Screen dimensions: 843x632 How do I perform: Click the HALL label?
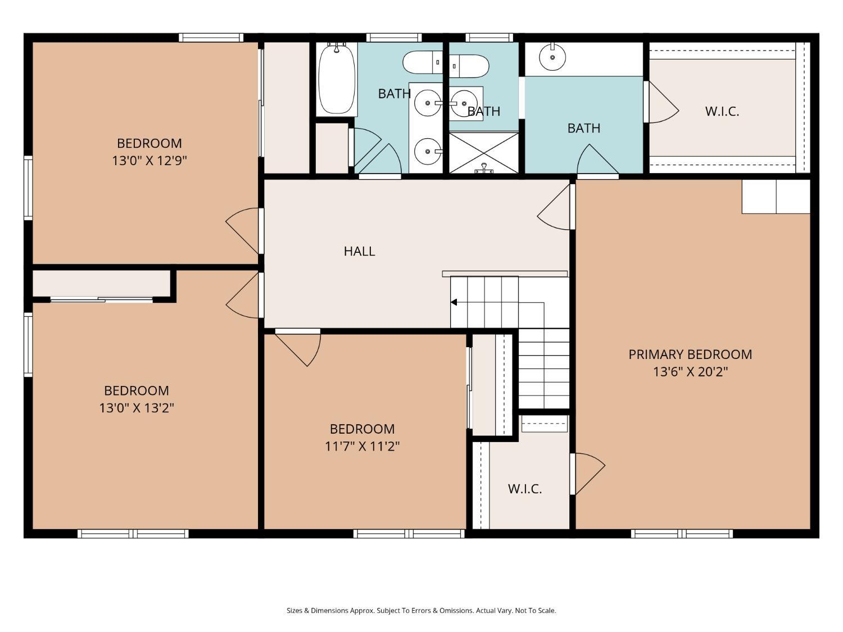[359, 251]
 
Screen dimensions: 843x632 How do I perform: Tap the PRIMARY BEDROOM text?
[690, 354]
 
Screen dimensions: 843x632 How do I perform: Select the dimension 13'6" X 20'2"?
[691, 372]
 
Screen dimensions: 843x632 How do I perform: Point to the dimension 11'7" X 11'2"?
[362, 446]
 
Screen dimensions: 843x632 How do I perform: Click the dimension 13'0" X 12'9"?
[149, 161]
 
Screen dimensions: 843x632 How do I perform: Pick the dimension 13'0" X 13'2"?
[137, 407]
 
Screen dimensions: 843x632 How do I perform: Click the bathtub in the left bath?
[337, 79]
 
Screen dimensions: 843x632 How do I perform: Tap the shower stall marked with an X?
[484, 153]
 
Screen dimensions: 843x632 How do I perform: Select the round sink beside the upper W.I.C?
[552, 57]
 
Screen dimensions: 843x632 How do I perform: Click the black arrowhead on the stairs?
[454, 302]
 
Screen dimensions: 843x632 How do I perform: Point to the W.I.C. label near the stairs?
[524, 489]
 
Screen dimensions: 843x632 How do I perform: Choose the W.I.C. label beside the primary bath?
[722, 112]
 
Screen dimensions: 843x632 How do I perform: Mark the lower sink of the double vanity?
[428, 152]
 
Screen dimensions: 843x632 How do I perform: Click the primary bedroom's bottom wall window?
[682, 534]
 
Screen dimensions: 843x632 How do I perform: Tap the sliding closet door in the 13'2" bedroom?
[102, 299]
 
